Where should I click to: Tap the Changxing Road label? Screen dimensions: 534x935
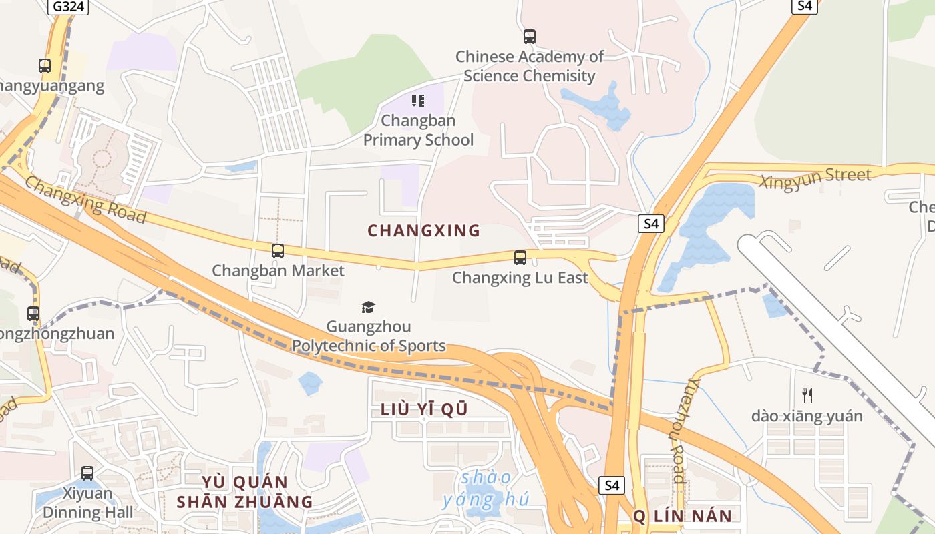pos(85,198)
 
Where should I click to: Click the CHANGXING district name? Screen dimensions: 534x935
pos(424,231)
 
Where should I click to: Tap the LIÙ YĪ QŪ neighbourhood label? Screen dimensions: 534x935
pos(424,410)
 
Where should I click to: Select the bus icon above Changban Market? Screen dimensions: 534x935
pos(278,251)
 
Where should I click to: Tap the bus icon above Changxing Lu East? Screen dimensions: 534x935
pos(520,257)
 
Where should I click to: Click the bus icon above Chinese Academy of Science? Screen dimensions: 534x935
pos(530,37)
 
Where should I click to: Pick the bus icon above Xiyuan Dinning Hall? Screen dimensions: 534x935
pos(87,473)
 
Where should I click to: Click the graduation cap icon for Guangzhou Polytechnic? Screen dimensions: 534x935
pos(368,307)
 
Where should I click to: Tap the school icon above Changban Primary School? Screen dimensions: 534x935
pos(418,101)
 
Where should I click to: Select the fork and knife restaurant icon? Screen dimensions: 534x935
pos(807,396)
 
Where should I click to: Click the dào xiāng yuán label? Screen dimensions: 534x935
pos(807,416)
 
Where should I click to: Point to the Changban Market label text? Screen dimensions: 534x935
pos(278,270)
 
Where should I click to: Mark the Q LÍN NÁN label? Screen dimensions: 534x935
pos(683,515)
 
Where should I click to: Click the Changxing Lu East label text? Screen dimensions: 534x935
pos(520,277)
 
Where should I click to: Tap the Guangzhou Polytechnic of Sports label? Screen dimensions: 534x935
pos(369,336)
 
